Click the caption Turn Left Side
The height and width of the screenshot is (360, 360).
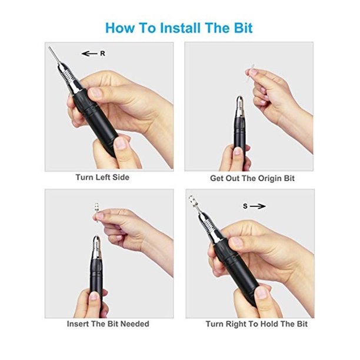point(102,177)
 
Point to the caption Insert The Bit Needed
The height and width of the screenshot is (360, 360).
point(109,324)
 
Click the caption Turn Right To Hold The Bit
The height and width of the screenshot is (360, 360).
point(256,324)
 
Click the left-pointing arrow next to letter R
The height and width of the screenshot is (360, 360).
point(89,54)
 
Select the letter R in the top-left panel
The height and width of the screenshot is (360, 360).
point(102,54)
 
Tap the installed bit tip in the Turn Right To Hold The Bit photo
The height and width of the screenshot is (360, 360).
point(192,202)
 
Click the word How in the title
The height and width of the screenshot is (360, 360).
point(121,27)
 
